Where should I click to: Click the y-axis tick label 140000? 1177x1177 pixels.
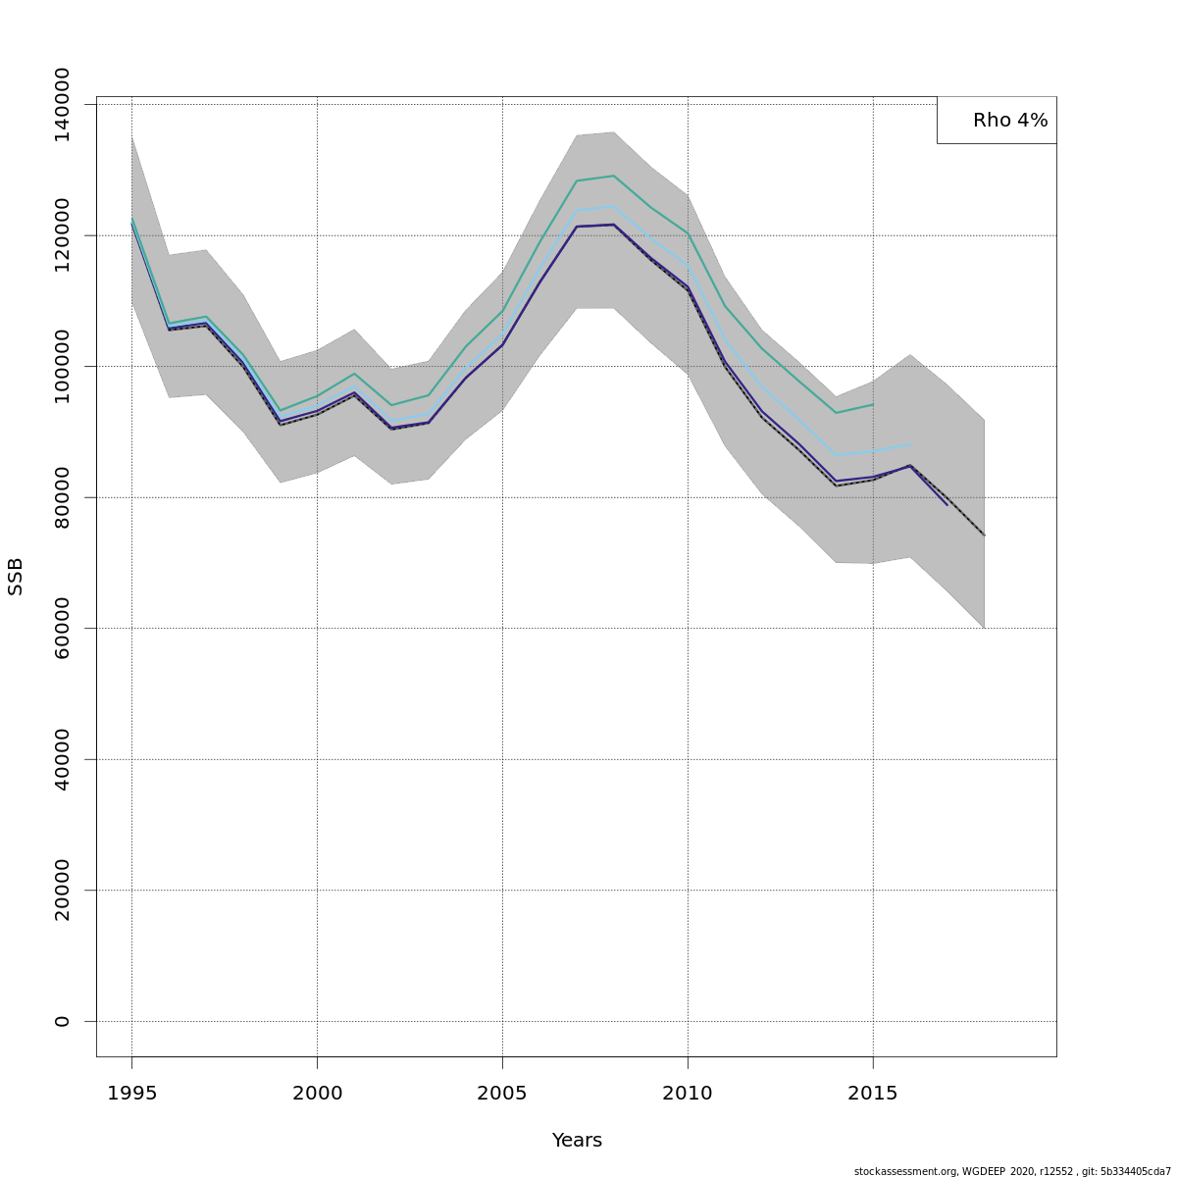tap(62, 104)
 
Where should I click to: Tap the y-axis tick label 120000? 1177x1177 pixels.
tap(62, 235)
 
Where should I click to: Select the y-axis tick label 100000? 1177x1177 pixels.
tap(62, 366)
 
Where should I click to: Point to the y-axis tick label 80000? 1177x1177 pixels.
tap(62, 497)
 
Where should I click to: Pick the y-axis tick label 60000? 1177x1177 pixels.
tap(62, 628)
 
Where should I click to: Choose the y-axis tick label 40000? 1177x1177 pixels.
tap(62, 759)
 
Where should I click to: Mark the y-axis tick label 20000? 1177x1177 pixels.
tap(62, 890)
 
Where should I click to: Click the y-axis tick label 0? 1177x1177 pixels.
tap(62, 1021)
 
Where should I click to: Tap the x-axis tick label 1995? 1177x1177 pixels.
tap(131, 1093)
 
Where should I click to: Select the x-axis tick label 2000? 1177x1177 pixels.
tap(317, 1093)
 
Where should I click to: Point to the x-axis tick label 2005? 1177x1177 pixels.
tap(502, 1093)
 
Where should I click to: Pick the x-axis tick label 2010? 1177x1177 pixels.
tap(688, 1093)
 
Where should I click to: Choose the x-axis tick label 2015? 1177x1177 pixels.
tap(873, 1093)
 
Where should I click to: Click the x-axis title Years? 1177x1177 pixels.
tap(577, 1140)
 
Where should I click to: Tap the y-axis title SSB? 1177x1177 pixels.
tap(16, 577)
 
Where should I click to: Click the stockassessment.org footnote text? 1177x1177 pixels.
tap(1011, 1171)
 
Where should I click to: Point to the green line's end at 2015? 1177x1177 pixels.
tap(873, 404)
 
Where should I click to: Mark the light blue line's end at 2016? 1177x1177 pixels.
tap(909, 444)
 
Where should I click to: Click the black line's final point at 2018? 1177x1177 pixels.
tap(984, 536)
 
